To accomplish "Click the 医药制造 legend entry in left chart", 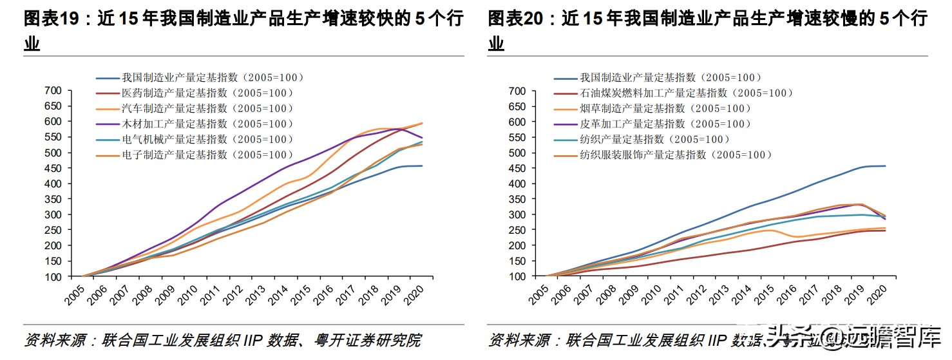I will click(207, 93).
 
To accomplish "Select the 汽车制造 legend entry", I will click(207, 109).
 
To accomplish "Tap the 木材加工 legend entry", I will click(207, 124).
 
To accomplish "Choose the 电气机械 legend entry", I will click(207, 140).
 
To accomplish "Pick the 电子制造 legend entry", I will click(207, 155).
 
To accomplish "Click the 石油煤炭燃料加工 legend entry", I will click(685, 93).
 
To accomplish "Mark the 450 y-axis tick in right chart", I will click(517, 168).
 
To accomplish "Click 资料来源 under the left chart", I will click(51, 340).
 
